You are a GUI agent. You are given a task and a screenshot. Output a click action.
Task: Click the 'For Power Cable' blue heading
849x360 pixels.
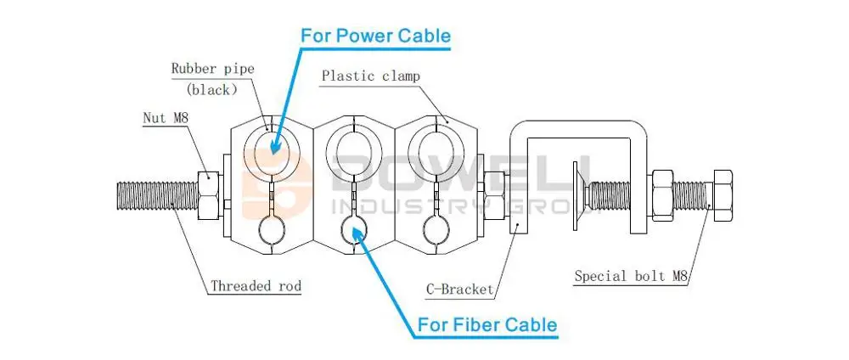(x=376, y=36)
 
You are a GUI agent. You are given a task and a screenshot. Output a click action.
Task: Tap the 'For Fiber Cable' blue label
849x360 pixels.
(x=486, y=325)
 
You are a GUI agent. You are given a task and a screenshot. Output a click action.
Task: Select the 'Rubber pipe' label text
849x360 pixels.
(x=213, y=70)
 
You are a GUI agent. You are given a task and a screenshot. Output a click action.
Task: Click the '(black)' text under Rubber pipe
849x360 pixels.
(x=211, y=90)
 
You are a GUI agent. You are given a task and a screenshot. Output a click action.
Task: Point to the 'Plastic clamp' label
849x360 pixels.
(x=370, y=76)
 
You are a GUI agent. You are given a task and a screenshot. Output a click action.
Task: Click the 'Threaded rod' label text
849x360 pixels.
(x=256, y=286)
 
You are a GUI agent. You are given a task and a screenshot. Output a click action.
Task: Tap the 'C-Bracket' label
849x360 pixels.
(x=459, y=290)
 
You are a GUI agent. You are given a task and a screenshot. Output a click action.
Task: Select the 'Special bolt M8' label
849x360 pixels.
(x=631, y=277)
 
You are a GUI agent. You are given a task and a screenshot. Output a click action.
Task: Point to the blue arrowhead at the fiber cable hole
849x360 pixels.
(x=357, y=233)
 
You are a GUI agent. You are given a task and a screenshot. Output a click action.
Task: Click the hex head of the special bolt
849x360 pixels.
(x=722, y=195)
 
